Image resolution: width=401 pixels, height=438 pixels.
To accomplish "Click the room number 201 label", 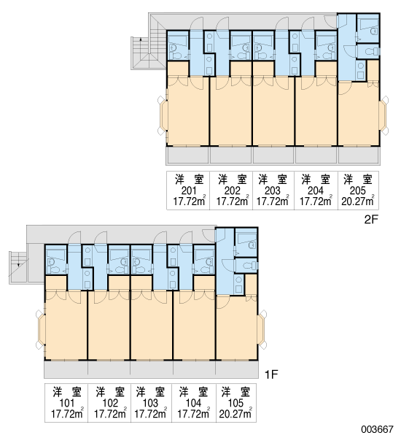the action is click(x=189, y=191).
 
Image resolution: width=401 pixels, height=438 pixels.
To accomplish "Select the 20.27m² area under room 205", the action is click(x=358, y=201).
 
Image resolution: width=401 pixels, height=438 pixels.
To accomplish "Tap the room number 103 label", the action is click(x=150, y=403).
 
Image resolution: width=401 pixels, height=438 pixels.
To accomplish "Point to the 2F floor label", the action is click(x=371, y=220).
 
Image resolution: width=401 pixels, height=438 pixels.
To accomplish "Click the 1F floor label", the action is click(x=271, y=374).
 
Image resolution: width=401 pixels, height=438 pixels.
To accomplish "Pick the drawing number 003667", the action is click(x=377, y=429).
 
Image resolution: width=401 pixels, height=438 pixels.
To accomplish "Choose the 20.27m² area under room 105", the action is click(x=235, y=413).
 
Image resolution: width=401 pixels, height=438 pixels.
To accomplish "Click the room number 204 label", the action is click(x=316, y=191).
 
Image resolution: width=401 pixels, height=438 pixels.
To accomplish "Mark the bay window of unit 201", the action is click(x=163, y=115).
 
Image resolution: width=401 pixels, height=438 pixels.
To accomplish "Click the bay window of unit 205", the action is click(x=384, y=115).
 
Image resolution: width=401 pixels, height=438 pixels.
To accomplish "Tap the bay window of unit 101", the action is click(x=40, y=330).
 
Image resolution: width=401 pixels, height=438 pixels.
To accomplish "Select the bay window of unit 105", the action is click(x=262, y=330).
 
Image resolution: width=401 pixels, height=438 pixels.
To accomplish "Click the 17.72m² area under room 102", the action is click(x=110, y=413).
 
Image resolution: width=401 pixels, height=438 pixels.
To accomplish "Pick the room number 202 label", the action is click(x=232, y=191).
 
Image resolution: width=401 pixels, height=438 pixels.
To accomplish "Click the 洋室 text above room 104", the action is click(x=194, y=392).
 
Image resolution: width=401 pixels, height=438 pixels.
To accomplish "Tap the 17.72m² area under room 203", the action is click(x=273, y=201).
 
